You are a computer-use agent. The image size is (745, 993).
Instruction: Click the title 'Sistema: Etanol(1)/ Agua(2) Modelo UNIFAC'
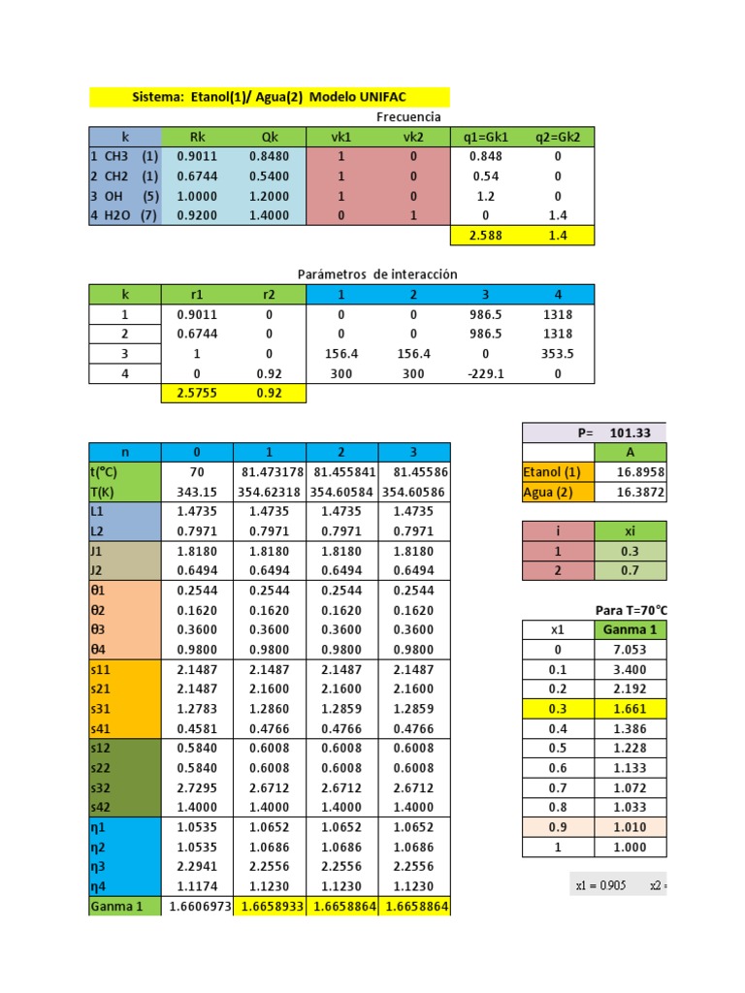[x=269, y=98]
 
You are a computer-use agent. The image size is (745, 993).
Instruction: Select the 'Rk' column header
[x=197, y=137]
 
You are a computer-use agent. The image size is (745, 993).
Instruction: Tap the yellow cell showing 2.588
[x=486, y=235]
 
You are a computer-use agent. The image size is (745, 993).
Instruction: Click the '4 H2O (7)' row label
[x=124, y=215]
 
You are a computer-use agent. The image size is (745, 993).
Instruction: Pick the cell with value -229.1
[x=486, y=373]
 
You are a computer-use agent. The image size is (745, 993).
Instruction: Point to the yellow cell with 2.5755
[x=197, y=394]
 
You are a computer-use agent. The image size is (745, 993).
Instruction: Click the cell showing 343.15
[x=197, y=493]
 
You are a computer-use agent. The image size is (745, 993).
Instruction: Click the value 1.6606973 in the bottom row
[x=197, y=907]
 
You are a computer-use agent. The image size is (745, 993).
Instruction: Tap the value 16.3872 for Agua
[x=630, y=493]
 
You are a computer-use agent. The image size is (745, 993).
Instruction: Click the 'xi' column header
[x=630, y=531]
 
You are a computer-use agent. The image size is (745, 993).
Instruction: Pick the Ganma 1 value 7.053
[x=630, y=650]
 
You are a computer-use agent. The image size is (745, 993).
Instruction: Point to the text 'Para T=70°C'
[x=631, y=610]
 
